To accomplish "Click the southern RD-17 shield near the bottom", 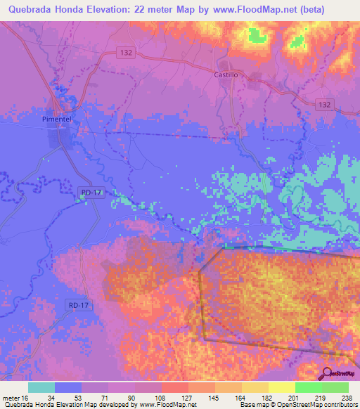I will tap(79, 304).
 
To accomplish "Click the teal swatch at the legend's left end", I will tap(41, 387).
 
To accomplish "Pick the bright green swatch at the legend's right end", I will tap(335, 387).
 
